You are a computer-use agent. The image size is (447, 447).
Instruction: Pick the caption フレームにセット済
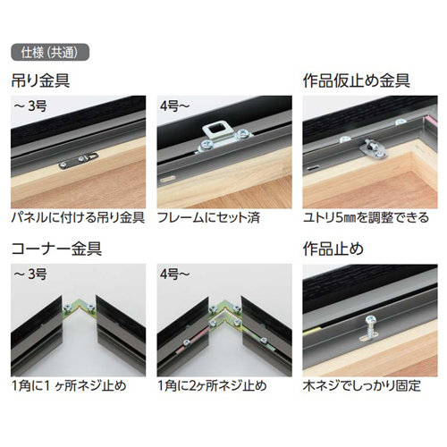point(207,217)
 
